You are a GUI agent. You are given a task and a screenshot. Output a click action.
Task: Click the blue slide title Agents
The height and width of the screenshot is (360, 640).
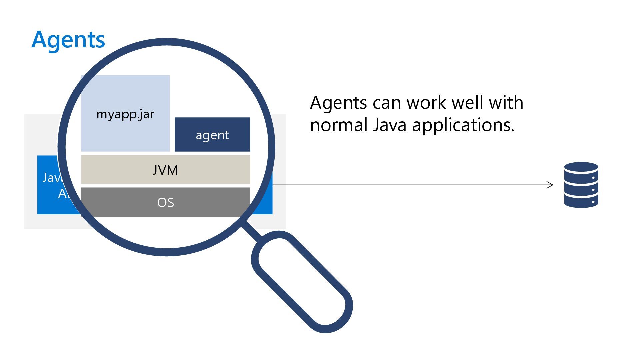pos(68,40)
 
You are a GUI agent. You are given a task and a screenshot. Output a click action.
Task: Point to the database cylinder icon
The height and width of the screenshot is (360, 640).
pos(581,185)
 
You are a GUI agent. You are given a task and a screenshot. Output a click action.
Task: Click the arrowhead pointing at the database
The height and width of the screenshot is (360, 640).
pos(550,185)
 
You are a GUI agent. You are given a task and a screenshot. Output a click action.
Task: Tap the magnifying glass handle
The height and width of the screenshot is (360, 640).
pos(302,282)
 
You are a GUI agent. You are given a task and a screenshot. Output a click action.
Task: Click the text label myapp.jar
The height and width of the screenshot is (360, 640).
pos(125,114)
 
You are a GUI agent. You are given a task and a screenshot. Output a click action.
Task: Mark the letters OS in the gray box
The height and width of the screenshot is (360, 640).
pos(166,202)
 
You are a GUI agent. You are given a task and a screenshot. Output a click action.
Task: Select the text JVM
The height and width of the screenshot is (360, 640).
pos(165,170)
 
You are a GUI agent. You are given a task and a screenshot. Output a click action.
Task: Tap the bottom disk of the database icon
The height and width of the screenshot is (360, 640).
pos(581,202)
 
